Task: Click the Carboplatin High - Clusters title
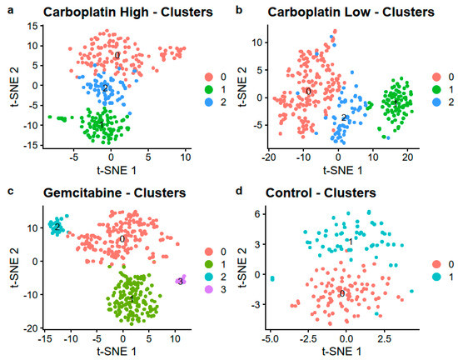[x=128, y=12]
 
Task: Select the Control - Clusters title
[x=321, y=192]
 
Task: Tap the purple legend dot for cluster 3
[x=209, y=289]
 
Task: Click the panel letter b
[x=239, y=10]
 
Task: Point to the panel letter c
[x=11, y=192]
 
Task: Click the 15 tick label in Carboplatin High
[x=32, y=26]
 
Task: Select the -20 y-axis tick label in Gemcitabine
[x=31, y=328]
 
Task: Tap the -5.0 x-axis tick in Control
[x=270, y=338]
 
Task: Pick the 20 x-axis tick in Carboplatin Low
[x=408, y=157]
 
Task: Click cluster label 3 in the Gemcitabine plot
[x=181, y=282]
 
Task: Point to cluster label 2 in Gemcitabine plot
[x=57, y=227]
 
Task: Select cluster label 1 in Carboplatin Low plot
[x=396, y=103]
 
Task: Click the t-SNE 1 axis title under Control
[x=341, y=351]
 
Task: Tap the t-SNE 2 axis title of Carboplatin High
[x=15, y=87]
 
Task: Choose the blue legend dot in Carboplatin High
[x=209, y=102]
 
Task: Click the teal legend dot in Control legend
[x=436, y=277]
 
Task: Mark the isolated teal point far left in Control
[x=272, y=278]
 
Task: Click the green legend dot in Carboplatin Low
[x=436, y=89]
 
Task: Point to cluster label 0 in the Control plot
[x=342, y=293]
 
